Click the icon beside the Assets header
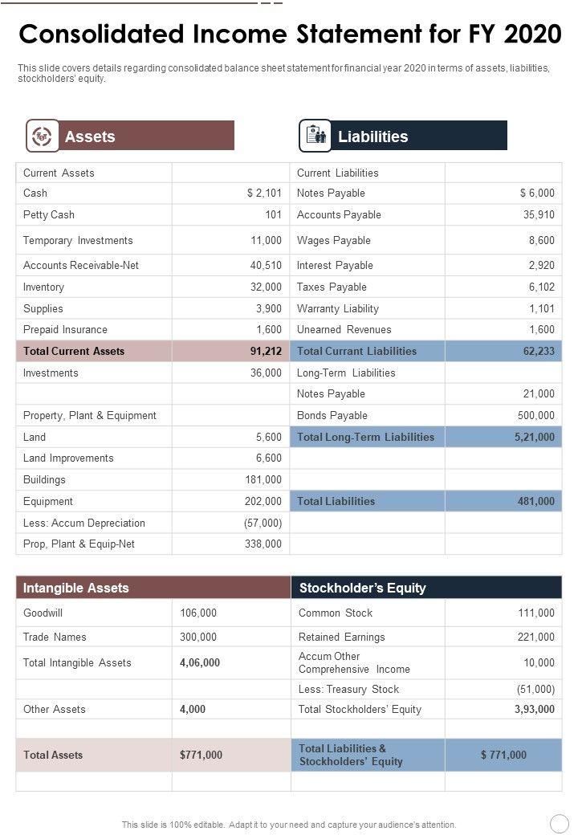pyautogui.click(x=41, y=136)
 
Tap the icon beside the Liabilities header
pyautogui.click(x=315, y=136)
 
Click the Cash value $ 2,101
pyautogui.click(x=264, y=193)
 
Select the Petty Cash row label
pyautogui.click(x=49, y=215)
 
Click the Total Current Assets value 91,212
pyautogui.click(x=266, y=352)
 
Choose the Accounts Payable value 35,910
pyautogui.click(x=538, y=215)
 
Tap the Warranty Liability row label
pyautogui.click(x=337, y=309)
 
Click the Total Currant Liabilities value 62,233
pyautogui.click(x=538, y=352)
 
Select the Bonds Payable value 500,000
pyautogui.click(x=535, y=416)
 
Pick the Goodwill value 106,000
pyautogui.click(x=198, y=613)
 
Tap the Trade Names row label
pyautogui.click(x=55, y=637)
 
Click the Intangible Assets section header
pyautogui.click(x=76, y=589)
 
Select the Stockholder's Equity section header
pyautogui.click(x=362, y=589)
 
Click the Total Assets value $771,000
pyautogui.click(x=201, y=756)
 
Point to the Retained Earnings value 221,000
pyautogui.click(x=535, y=637)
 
